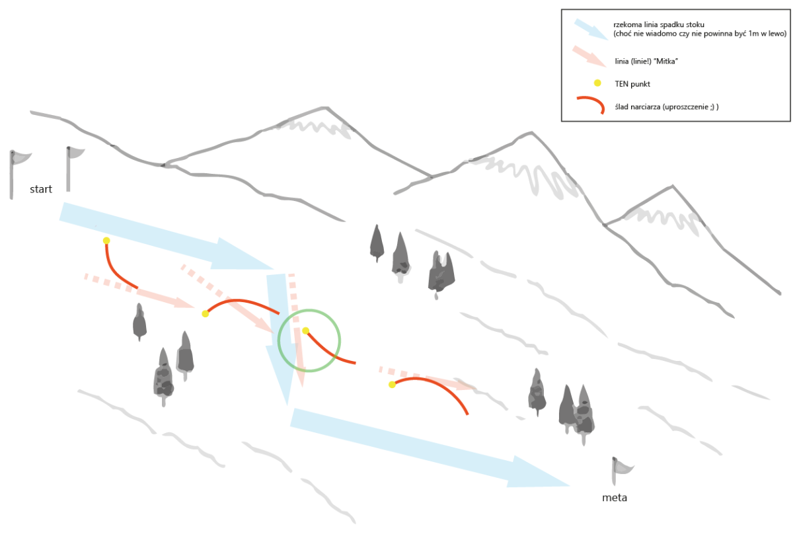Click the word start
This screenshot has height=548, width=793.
pos(41,189)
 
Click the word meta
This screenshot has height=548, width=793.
pos(614,498)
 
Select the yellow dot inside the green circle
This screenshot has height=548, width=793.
pos(305,331)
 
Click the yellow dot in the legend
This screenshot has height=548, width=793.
pos(597,83)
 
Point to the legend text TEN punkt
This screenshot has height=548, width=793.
pos(632,84)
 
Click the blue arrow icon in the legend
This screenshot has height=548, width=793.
pos(591,29)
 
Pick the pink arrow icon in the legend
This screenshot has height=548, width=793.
pos(589,56)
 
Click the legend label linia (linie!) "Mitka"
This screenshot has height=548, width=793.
pos(646,61)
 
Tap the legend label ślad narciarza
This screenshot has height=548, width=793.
pos(637,107)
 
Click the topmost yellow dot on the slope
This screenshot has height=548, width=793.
pos(106,241)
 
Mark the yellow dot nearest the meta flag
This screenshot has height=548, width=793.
pos(392,385)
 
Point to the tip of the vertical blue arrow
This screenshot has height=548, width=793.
pos(287,405)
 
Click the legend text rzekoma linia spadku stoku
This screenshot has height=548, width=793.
pos(658,25)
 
